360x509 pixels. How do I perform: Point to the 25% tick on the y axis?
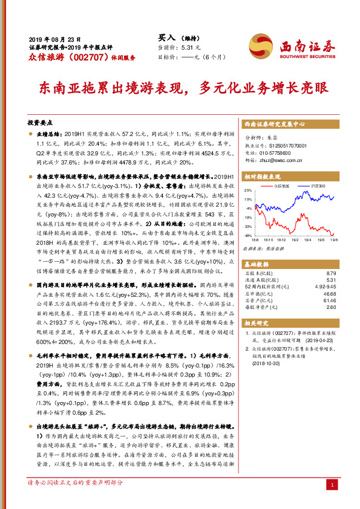click(247, 190)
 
